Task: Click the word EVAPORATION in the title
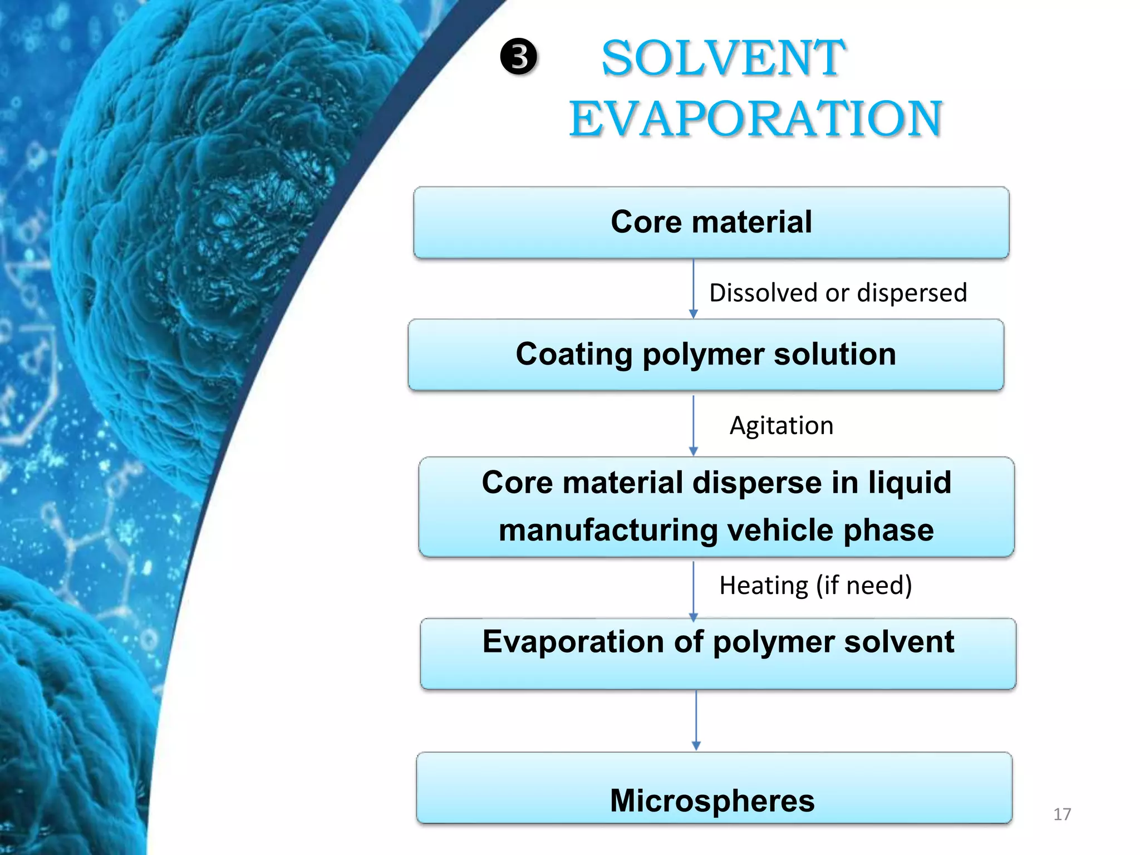755,119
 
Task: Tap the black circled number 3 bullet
519,57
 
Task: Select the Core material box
711,223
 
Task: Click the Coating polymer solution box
705,355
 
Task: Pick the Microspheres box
713,788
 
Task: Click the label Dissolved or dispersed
838,293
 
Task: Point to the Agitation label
781,426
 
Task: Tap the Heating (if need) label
815,586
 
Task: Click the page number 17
1062,814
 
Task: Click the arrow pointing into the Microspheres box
696,720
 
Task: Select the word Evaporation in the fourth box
573,642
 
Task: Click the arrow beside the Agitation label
693,425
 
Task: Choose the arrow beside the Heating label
693,590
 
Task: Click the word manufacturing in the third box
608,530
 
